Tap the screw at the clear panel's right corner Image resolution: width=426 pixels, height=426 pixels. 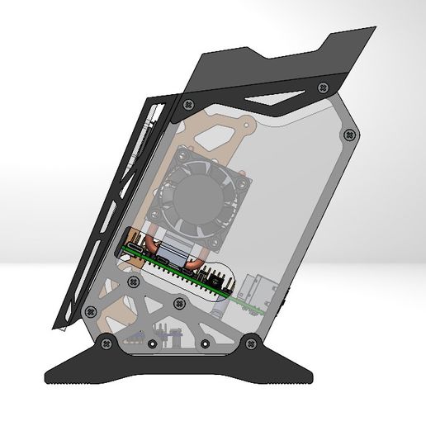pos(353,134)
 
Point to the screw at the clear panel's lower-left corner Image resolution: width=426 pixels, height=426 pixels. pos(90,311)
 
